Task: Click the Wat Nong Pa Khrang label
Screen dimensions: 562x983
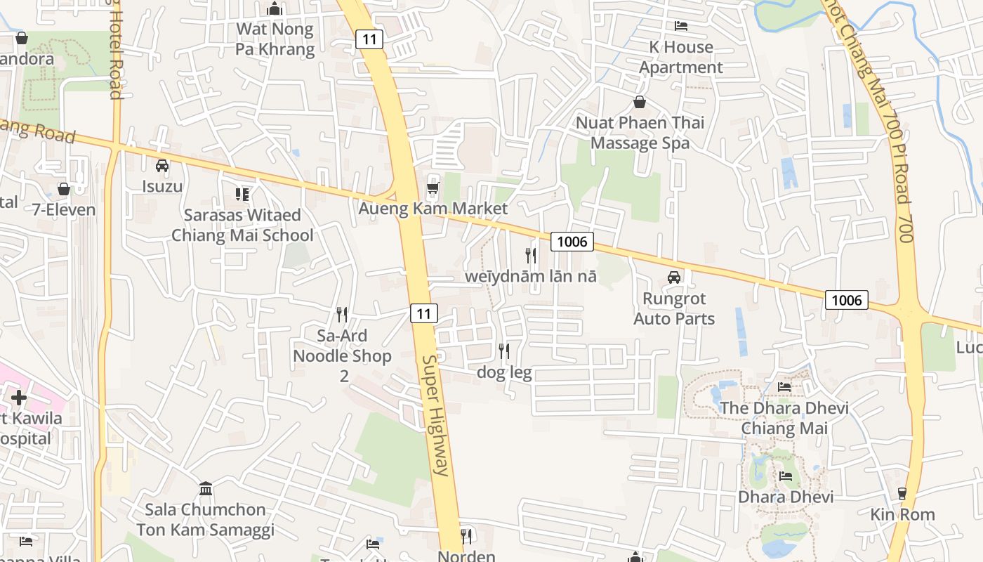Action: (x=275, y=39)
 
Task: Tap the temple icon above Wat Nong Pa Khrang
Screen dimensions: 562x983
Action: (x=275, y=9)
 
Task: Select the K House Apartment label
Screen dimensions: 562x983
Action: (x=680, y=57)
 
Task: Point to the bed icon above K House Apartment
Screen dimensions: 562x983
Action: (x=680, y=26)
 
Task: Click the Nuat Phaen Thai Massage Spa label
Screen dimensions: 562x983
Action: (x=640, y=132)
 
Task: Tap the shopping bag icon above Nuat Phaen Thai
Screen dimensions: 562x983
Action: (x=639, y=102)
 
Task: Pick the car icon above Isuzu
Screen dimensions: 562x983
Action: (x=162, y=166)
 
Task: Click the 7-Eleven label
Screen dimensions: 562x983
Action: (x=64, y=209)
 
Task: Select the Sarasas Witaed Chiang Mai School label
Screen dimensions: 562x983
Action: (x=242, y=225)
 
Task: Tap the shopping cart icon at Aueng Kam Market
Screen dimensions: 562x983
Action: (x=433, y=188)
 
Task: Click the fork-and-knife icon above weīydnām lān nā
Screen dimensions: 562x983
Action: (x=531, y=255)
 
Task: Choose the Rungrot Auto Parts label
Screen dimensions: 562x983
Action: (x=674, y=309)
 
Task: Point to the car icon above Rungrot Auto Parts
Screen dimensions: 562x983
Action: (x=674, y=277)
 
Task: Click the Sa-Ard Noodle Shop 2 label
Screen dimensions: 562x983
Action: (x=342, y=355)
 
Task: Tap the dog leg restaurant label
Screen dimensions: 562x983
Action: (x=504, y=372)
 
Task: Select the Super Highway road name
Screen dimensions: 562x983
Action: (x=435, y=415)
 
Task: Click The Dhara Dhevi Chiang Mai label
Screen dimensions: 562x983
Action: (x=784, y=418)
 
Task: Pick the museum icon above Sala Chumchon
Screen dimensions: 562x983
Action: (x=206, y=488)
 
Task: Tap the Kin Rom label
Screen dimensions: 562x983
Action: (x=902, y=514)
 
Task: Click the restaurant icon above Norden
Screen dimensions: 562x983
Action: (x=466, y=537)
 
